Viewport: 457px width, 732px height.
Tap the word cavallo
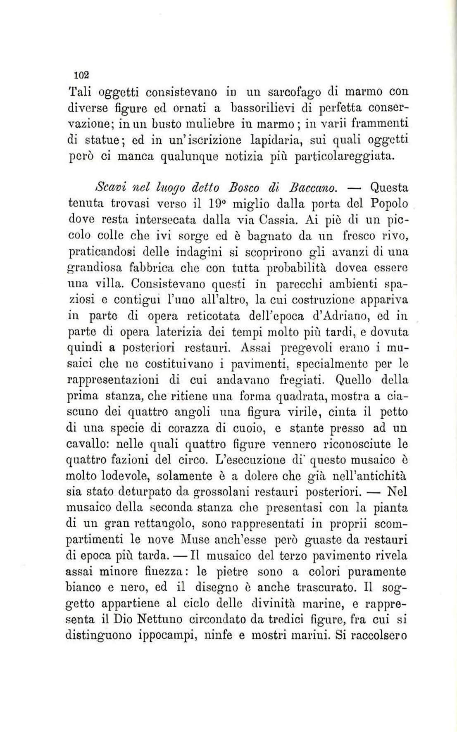click(x=87, y=444)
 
